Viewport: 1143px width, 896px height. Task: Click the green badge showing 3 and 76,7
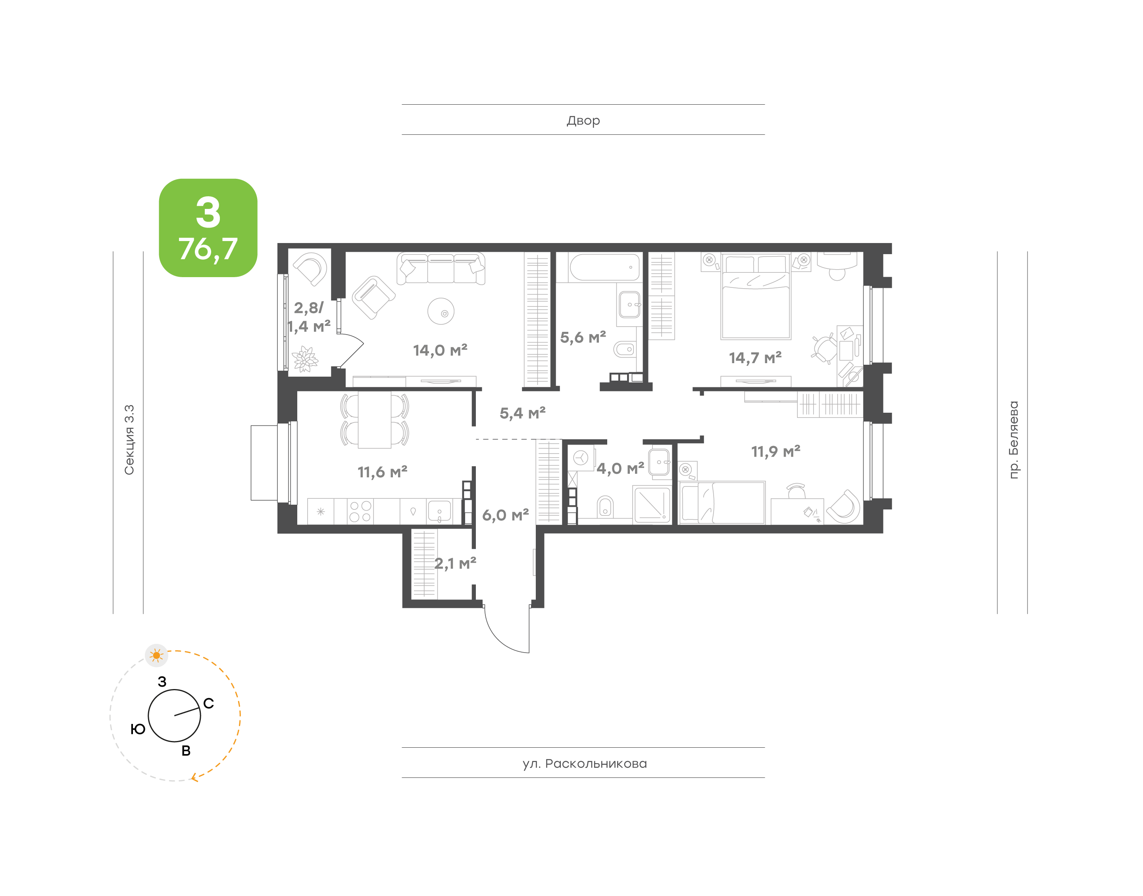(208, 227)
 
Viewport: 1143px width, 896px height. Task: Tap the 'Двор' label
(583, 120)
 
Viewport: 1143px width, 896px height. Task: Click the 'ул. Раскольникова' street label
(584, 763)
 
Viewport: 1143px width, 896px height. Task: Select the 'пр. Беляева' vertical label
(1013, 440)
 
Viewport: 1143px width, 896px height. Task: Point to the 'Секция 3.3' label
(129, 440)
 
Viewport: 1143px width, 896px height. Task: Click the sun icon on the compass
(156, 655)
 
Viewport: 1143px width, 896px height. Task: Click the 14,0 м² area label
(440, 350)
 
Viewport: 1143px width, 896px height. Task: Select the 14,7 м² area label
(755, 358)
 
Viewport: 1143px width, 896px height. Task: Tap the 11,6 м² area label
(382, 472)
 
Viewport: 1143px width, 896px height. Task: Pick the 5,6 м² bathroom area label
(583, 337)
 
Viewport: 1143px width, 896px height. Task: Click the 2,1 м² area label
(455, 563)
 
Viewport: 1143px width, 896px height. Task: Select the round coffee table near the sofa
(441, 312)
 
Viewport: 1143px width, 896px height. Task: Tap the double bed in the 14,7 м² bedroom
(756, 297)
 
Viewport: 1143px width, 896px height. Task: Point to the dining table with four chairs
(374, 420)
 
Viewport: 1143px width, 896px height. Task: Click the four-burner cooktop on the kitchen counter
(360, 511)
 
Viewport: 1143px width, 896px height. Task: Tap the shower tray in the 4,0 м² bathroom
(652, 505)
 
